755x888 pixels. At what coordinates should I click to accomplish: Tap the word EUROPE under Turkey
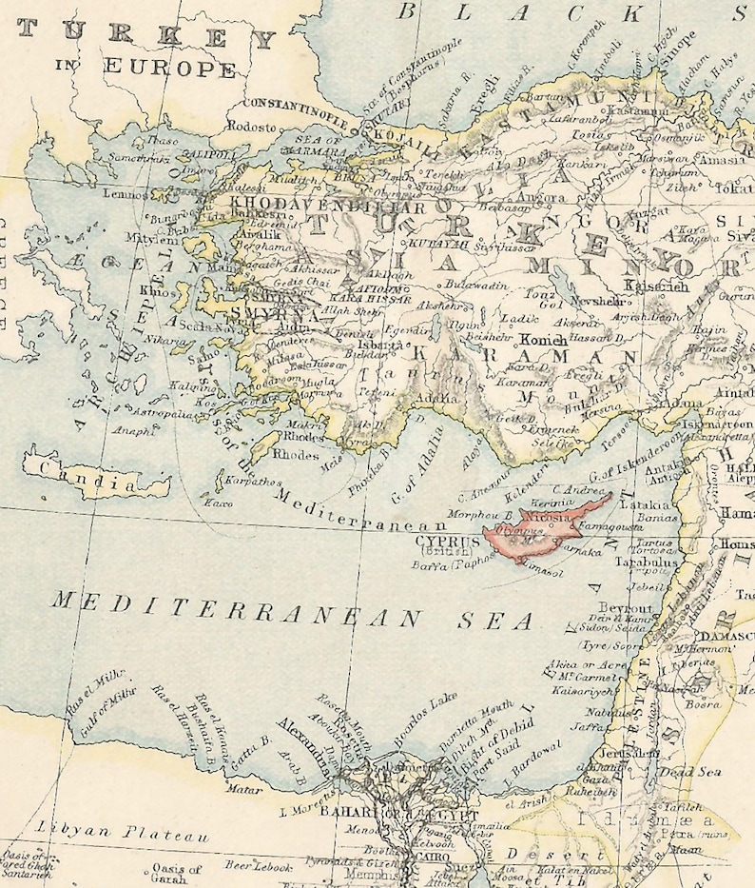(x=170, y=68)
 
